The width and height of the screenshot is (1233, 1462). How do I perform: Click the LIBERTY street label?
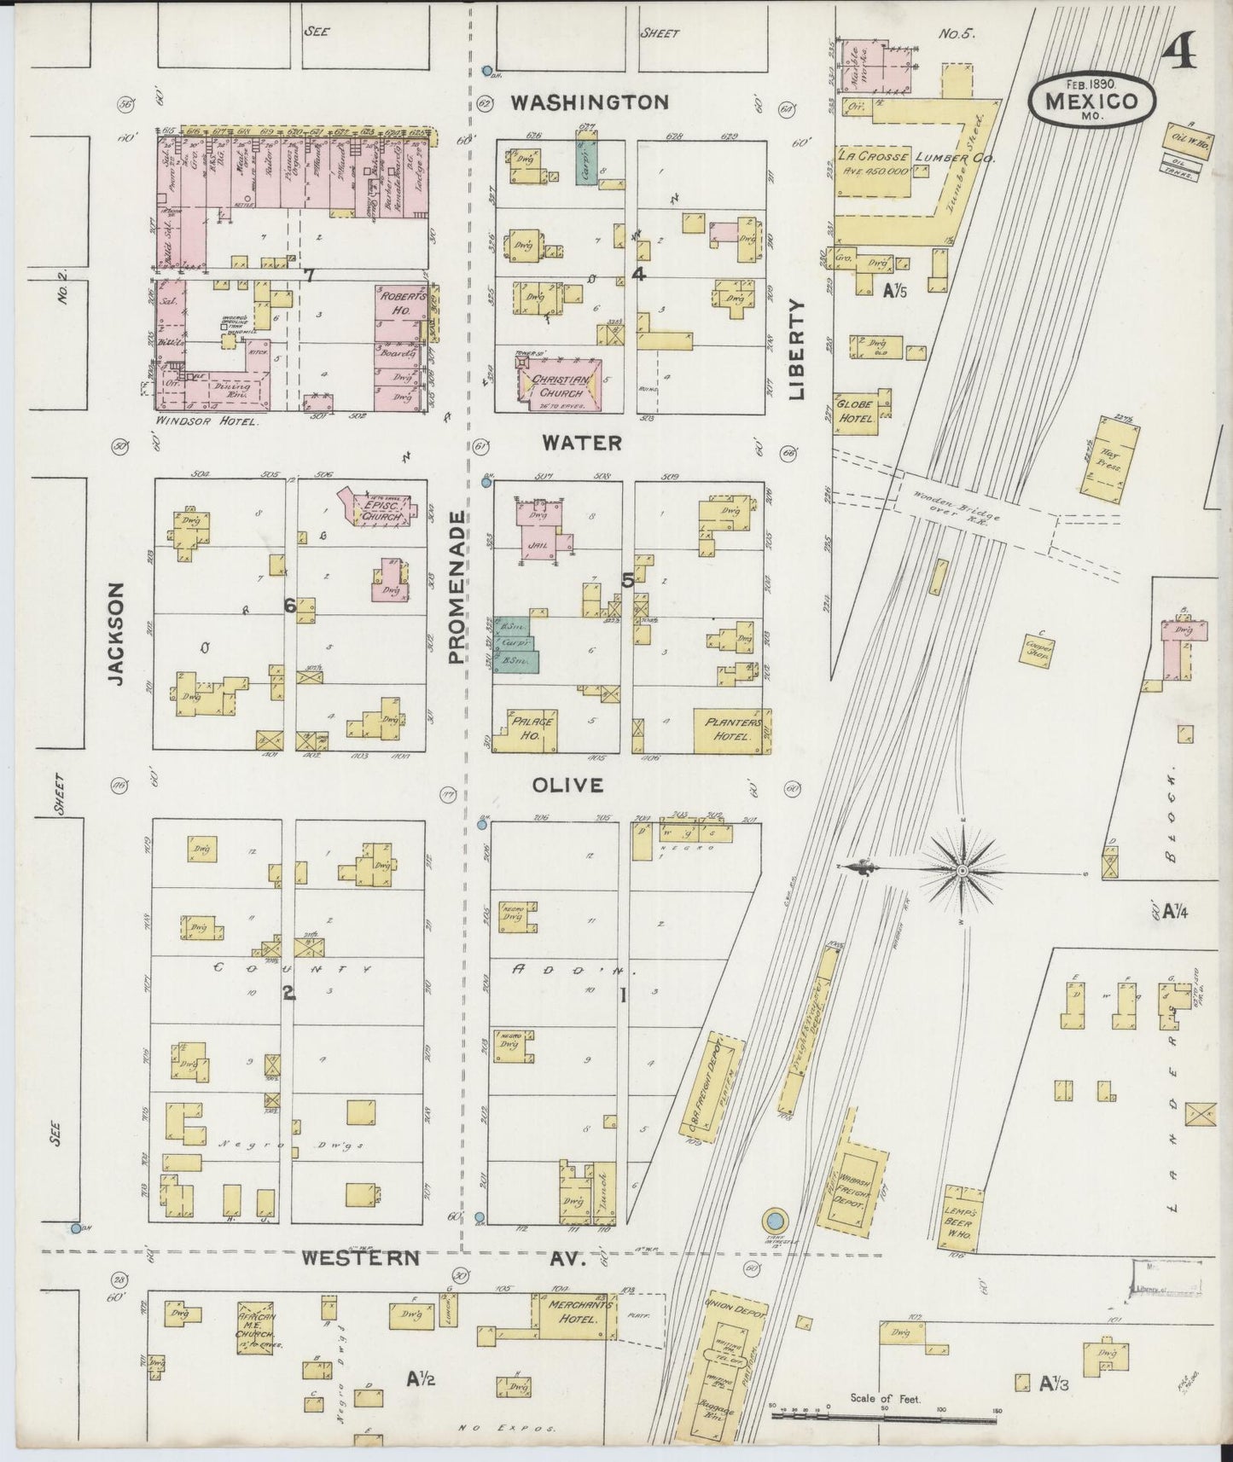797,349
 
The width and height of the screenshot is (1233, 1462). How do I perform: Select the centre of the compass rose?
963,869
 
